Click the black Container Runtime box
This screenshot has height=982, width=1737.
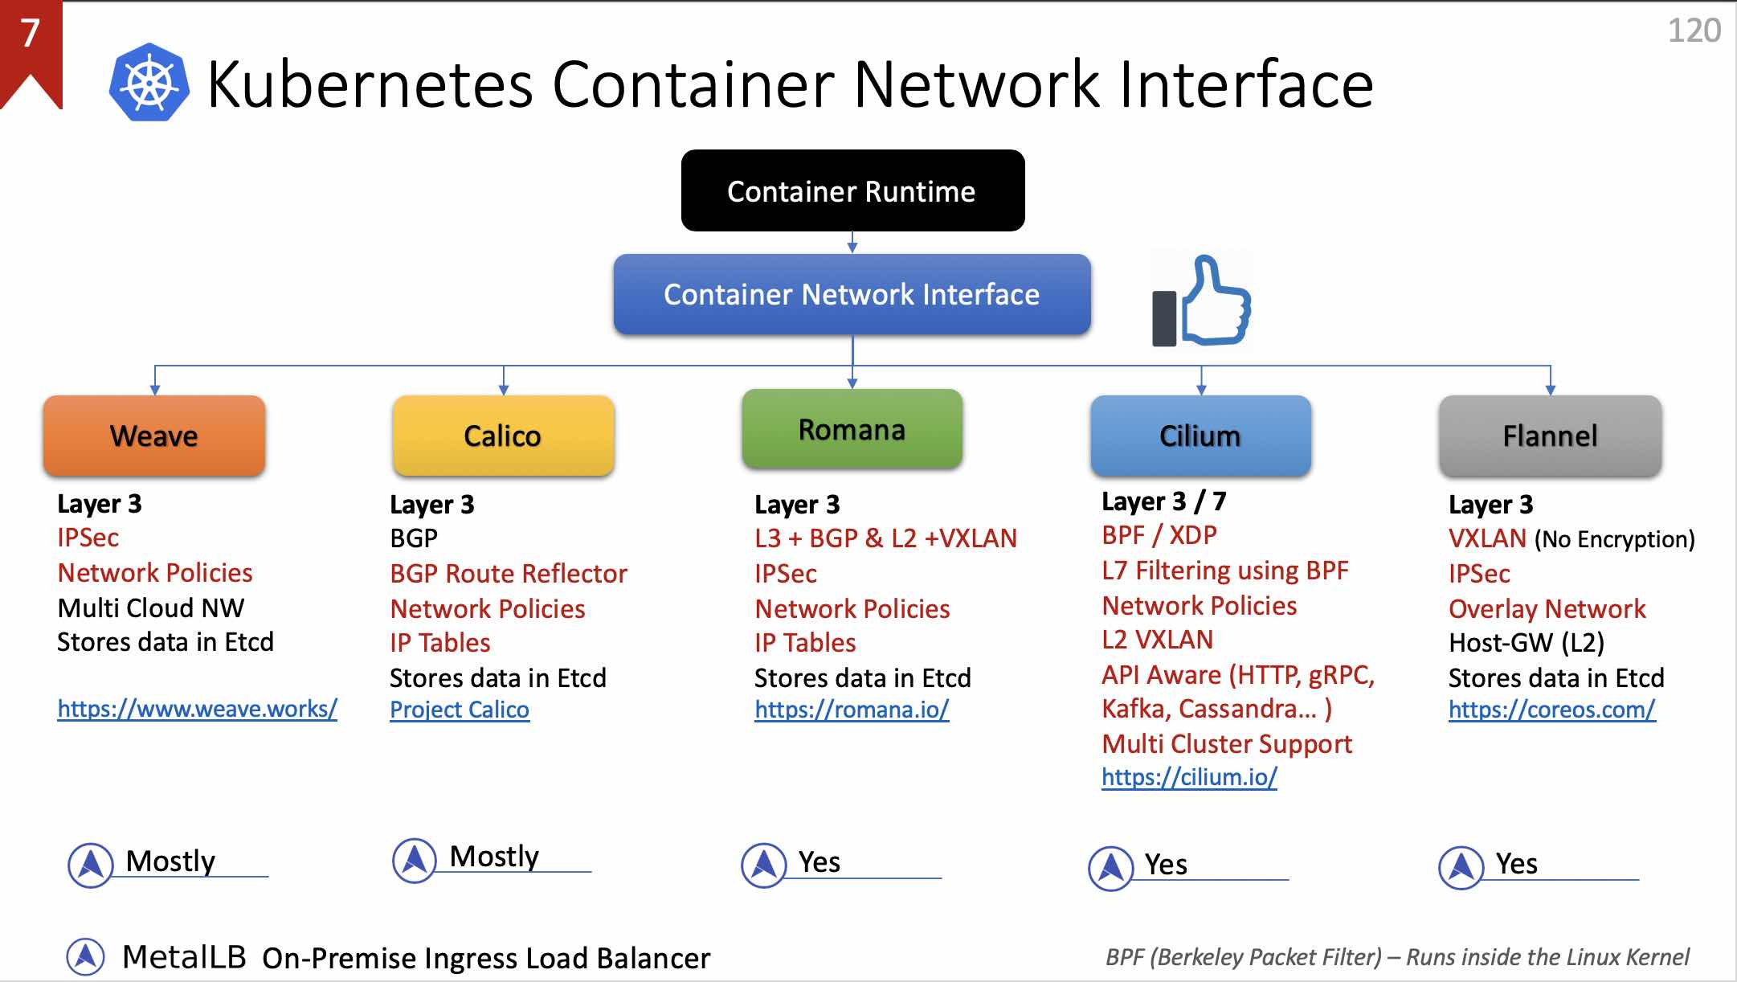852,190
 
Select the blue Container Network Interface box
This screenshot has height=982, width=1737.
852,294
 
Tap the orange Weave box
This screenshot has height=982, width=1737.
154,436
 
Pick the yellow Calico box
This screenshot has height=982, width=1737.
503,436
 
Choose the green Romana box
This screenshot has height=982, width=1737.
852,430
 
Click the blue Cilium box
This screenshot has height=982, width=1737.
1200,436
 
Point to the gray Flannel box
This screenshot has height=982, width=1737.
1550,436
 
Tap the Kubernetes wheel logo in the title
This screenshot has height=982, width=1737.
149,83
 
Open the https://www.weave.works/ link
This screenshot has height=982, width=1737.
197,709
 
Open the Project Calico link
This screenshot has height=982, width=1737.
460,710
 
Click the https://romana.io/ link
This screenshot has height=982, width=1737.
852,710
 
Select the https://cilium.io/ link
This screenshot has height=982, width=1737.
1189,777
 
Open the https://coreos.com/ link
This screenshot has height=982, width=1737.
1551,710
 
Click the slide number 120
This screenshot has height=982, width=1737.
1694,31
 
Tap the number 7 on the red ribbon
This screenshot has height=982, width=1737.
30,33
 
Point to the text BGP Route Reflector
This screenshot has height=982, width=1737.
509,574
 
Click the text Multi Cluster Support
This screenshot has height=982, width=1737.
1227,744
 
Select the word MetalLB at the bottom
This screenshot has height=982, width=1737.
184,957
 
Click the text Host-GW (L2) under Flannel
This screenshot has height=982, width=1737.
1527,643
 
